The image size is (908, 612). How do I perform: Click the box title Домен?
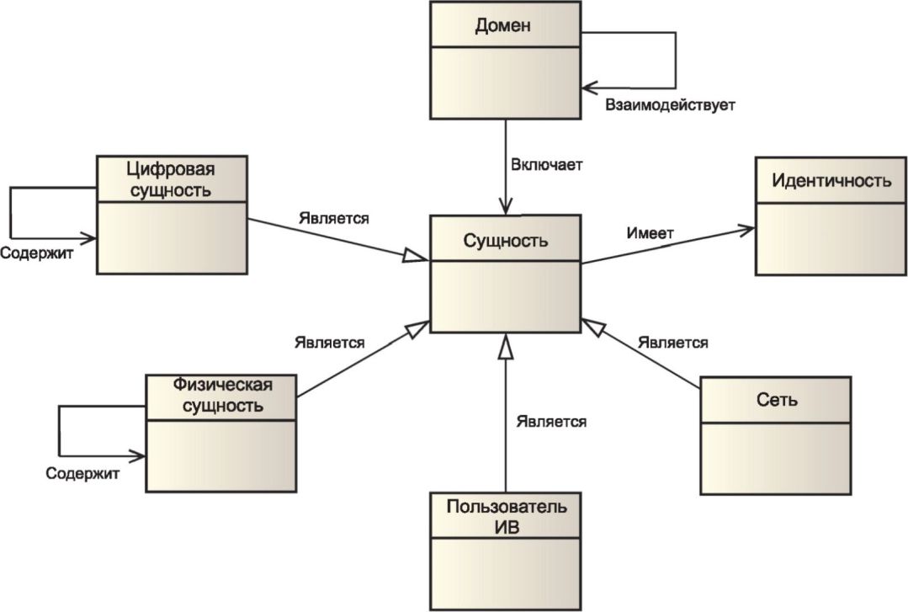coord(502,25)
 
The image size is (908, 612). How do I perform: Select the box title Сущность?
coord(505,241)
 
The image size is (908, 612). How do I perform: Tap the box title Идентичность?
coord(831,180)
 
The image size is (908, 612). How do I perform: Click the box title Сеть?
coord(777,399)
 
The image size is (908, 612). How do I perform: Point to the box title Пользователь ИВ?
coord(506,516)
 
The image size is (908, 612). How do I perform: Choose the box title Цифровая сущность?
coord(171,179)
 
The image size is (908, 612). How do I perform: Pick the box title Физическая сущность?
coord(222,395)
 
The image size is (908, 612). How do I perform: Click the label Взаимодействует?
coord(670,105)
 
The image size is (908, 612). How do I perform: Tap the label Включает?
coord(546,165)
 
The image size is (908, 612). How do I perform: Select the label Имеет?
coord(650,233)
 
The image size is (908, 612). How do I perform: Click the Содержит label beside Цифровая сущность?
coord(36,253)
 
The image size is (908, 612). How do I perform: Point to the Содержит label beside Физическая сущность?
coord(82,473)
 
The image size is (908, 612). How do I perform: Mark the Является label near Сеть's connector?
coord(673,343)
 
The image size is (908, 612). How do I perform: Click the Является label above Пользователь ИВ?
coord(551,422)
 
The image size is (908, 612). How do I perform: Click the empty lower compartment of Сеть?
coord(776,458)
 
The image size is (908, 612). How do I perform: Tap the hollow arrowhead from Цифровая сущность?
coord(416,256)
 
